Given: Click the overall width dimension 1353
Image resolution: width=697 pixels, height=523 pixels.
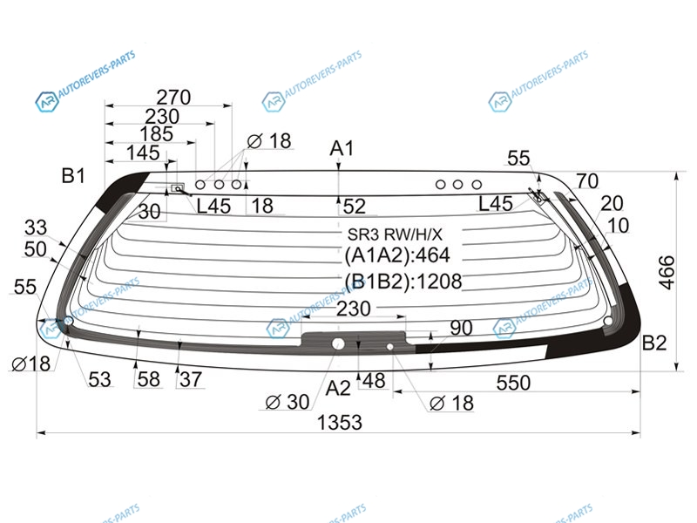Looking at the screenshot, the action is [x=340, y=422].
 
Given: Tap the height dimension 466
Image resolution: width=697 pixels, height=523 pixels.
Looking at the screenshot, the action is [x=667, y=273].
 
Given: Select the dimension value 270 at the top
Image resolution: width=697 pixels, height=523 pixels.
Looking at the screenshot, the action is [x=173, y=97].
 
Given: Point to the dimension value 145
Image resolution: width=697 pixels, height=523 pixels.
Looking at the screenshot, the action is [x=143, y=153].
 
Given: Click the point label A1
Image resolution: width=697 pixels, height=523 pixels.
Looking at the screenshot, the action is [x=342, y=148].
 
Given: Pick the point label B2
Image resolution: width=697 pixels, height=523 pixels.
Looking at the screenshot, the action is [x=654, y=343].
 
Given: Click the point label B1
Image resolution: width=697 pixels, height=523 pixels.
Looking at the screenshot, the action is [x=73, y=176].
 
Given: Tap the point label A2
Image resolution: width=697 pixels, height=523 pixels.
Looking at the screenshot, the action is [x=338, y=388].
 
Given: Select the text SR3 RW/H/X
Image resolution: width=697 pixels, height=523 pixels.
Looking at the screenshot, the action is [x=395, y=234].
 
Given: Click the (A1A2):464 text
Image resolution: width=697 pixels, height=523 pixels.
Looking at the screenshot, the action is [x=397, y=255].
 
